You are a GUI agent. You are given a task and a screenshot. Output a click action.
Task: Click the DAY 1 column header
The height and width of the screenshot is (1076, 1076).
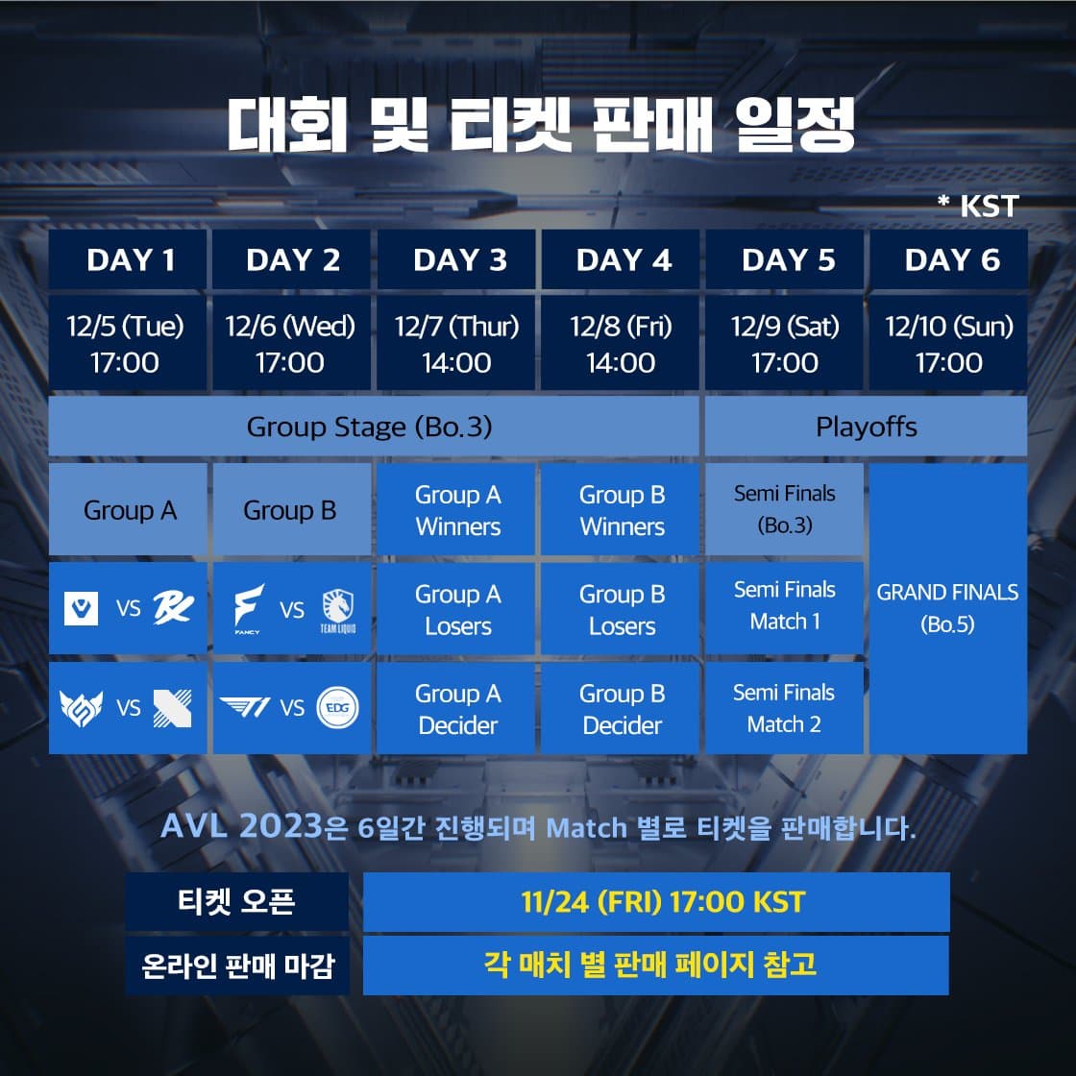[128, 259]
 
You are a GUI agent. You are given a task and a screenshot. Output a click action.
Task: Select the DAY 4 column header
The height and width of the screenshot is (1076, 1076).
[621, 259]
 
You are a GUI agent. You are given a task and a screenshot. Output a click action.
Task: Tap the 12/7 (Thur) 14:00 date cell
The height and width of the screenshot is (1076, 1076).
[456, 343]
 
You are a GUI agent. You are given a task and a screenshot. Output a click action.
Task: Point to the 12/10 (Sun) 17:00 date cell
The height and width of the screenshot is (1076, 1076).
[948, 343]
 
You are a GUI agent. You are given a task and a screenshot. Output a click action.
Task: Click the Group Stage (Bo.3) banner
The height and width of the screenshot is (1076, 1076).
[374, 427]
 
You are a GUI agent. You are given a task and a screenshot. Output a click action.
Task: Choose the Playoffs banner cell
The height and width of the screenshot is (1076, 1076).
[866, 427]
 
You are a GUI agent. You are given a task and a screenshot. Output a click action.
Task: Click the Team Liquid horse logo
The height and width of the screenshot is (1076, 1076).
[337, 610]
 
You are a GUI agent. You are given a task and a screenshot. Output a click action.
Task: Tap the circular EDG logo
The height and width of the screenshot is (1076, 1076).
[337, 707]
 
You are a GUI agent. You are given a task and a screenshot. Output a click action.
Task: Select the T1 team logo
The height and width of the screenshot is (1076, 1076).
[245, 707]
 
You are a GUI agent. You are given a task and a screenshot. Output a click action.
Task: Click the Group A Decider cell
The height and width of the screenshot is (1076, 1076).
[456, 708]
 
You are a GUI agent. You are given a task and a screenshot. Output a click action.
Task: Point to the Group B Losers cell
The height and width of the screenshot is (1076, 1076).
[621, 609]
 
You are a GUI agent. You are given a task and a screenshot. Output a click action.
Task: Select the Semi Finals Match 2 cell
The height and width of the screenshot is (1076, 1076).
[784, 708]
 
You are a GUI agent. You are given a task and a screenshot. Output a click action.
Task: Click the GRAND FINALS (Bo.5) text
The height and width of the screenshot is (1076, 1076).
[947, 608]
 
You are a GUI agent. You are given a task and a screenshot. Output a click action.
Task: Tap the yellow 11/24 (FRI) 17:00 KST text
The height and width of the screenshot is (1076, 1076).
[663, 902]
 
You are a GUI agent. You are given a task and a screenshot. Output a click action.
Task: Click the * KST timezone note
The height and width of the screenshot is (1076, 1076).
[978, 206]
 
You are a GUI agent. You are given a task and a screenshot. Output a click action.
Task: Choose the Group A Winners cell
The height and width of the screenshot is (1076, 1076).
[456, 509]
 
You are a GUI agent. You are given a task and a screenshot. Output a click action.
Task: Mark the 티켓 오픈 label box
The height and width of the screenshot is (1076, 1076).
[236, 902]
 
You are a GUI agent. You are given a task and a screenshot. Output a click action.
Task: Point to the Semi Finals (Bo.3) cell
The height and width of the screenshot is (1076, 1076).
[784, 509]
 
